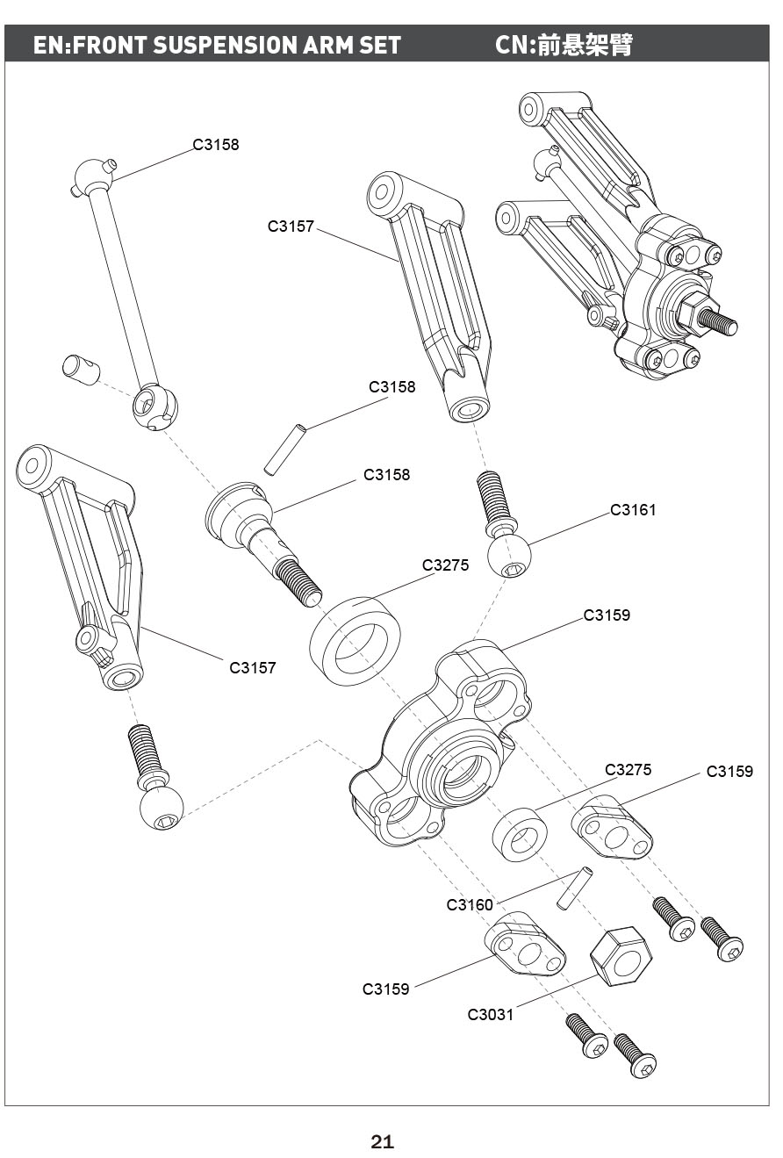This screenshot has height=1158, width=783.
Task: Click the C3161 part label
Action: pyautogui.click(x=633, y=510)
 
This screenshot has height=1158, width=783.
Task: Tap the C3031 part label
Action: pyautogui.click(x=490, y=1014)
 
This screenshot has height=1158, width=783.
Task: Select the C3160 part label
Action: pyautogui.click(x=470, y=904)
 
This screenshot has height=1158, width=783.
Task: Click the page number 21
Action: pyautogui.click(x=382, y=1141)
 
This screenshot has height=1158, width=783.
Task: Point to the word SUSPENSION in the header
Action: pyautogui.click(x=225, y=45)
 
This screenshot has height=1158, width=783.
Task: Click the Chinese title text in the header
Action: pyautogui.click(x=585, y=45)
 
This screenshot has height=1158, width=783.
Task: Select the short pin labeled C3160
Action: pyautogui.click(x=574, y=888)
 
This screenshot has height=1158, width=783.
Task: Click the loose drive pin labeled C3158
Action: pyautogui.click(x=284, y=449)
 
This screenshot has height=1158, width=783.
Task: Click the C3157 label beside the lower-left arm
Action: pyautogui.click(x=252, y=667)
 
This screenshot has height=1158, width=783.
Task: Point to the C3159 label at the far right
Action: pyautogui.click(x=729, y=772)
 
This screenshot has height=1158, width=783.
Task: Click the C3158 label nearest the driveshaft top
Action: pyautogui.click(x=216, y=144)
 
